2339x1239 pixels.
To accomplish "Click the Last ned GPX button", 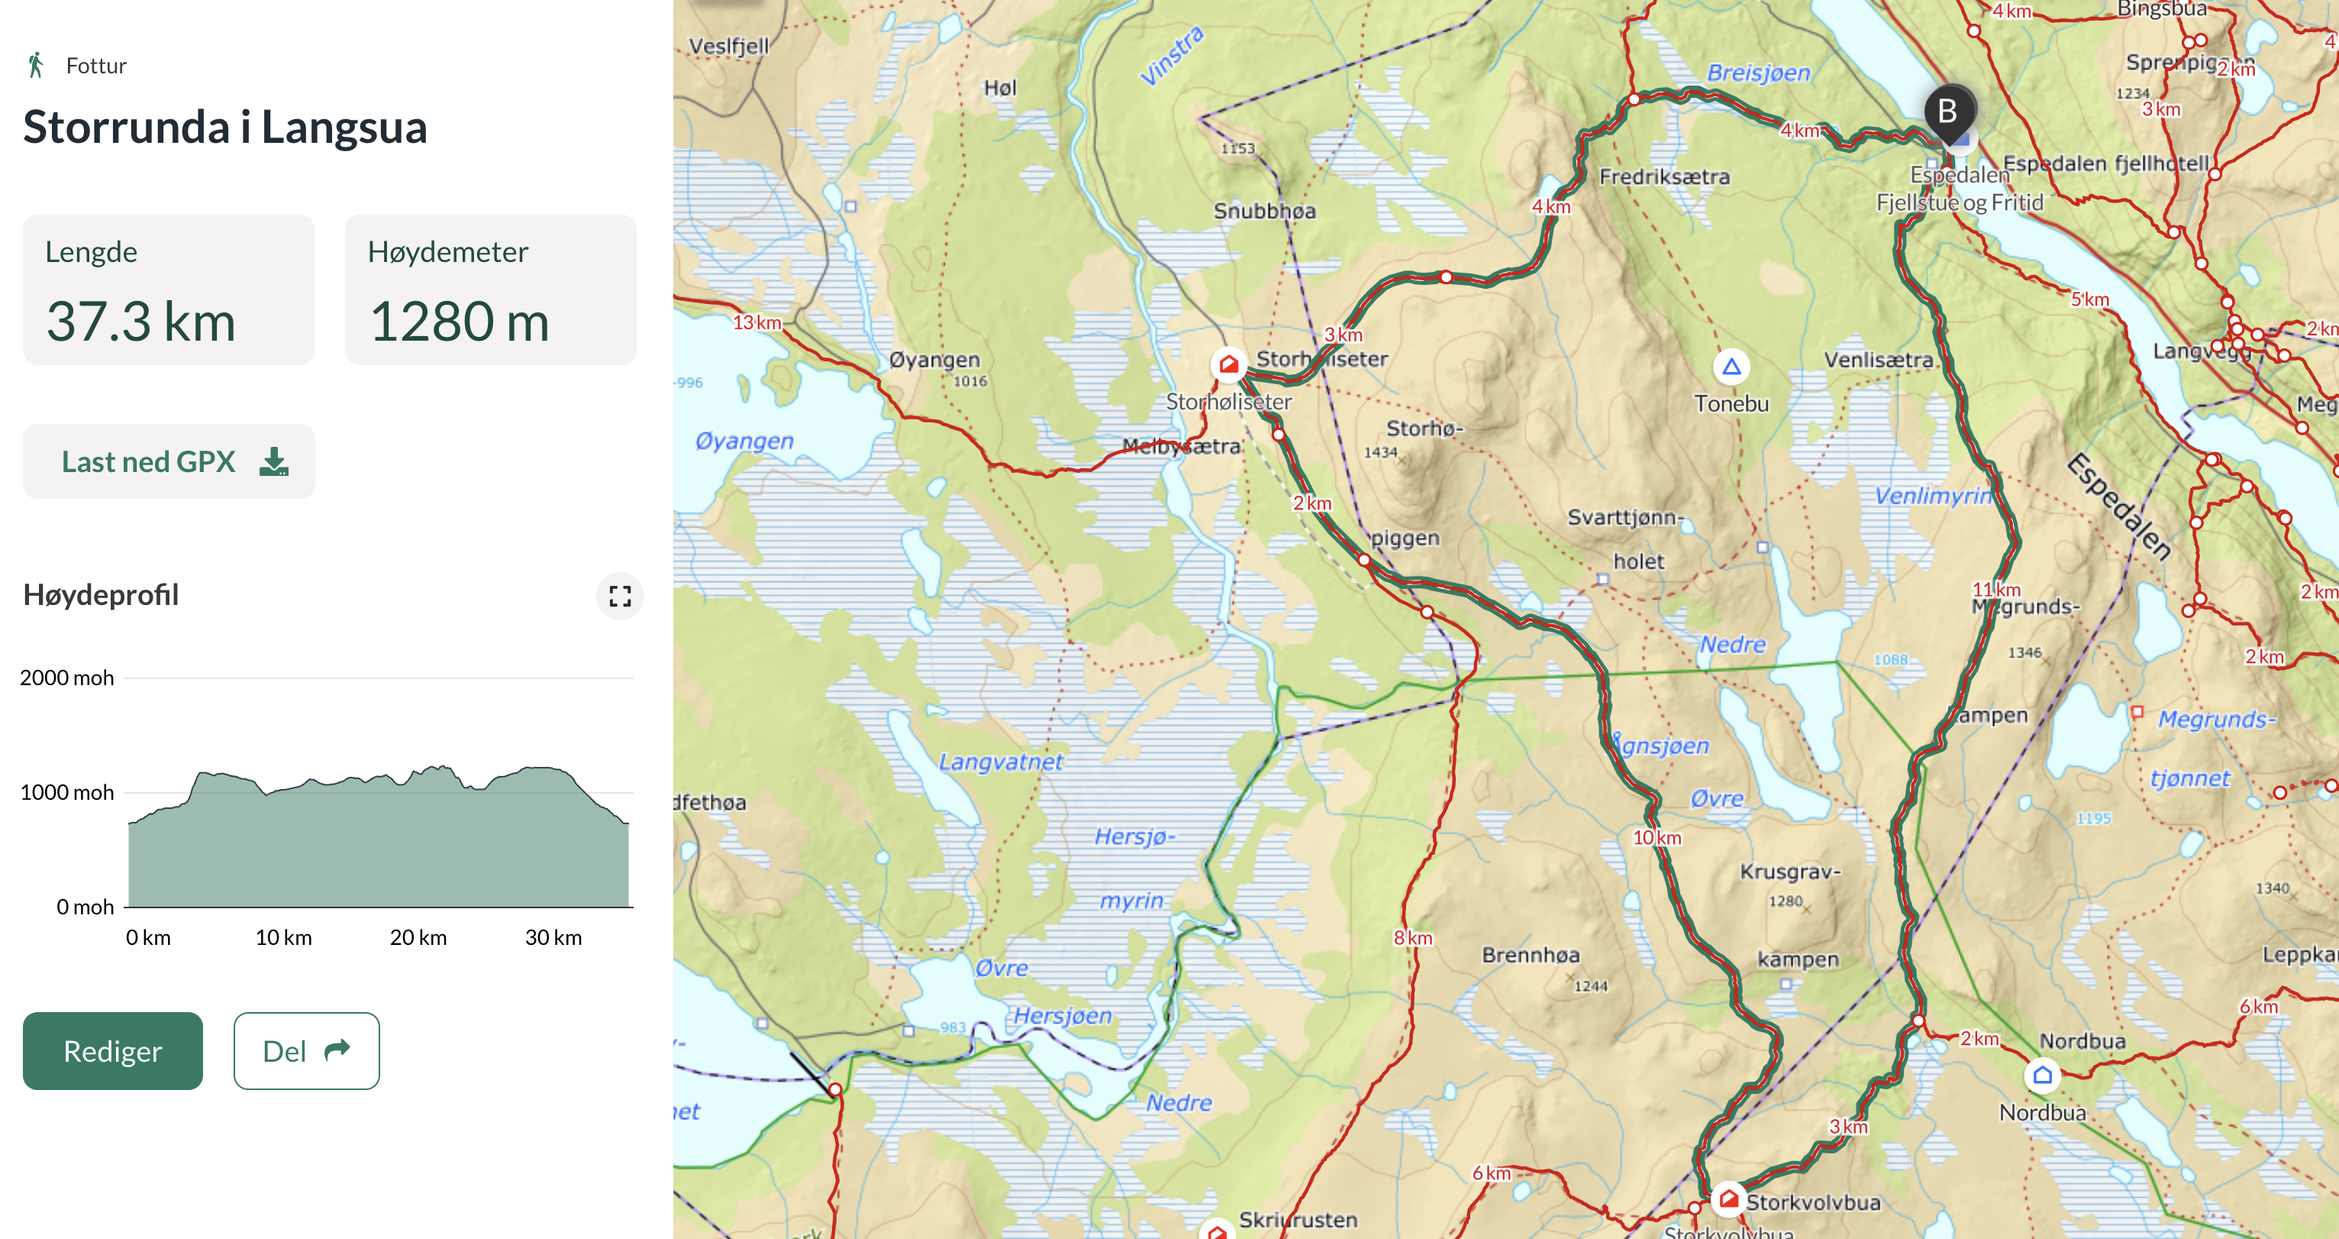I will (169, 461).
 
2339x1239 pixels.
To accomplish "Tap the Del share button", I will (306, 1051).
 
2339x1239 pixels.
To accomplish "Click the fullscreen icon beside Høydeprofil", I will (620, 596).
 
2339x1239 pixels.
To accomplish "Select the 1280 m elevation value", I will (460, 322).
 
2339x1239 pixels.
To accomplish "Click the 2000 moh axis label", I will (67, 678).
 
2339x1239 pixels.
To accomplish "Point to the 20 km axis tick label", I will (418, 937).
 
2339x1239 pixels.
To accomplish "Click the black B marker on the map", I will (1947, 112).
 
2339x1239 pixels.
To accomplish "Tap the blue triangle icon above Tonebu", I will (1731, 367).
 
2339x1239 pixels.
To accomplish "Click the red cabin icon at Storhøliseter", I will (1228, 364).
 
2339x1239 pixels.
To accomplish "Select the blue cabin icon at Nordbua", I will (2042, 1076).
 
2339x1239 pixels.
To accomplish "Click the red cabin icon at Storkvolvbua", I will (1729, 1199).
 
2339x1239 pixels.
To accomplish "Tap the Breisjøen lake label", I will (1758, 73).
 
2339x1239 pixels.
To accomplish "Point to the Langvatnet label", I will (1000, 762).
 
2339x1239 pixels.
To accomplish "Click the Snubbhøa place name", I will (1264, 211).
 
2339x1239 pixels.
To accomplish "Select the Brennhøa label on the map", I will (1530, 955).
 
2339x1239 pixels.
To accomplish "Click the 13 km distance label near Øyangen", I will (757, 322).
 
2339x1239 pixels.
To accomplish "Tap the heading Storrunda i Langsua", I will (224, 127).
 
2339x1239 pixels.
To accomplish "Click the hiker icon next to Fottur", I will (37, 66).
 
